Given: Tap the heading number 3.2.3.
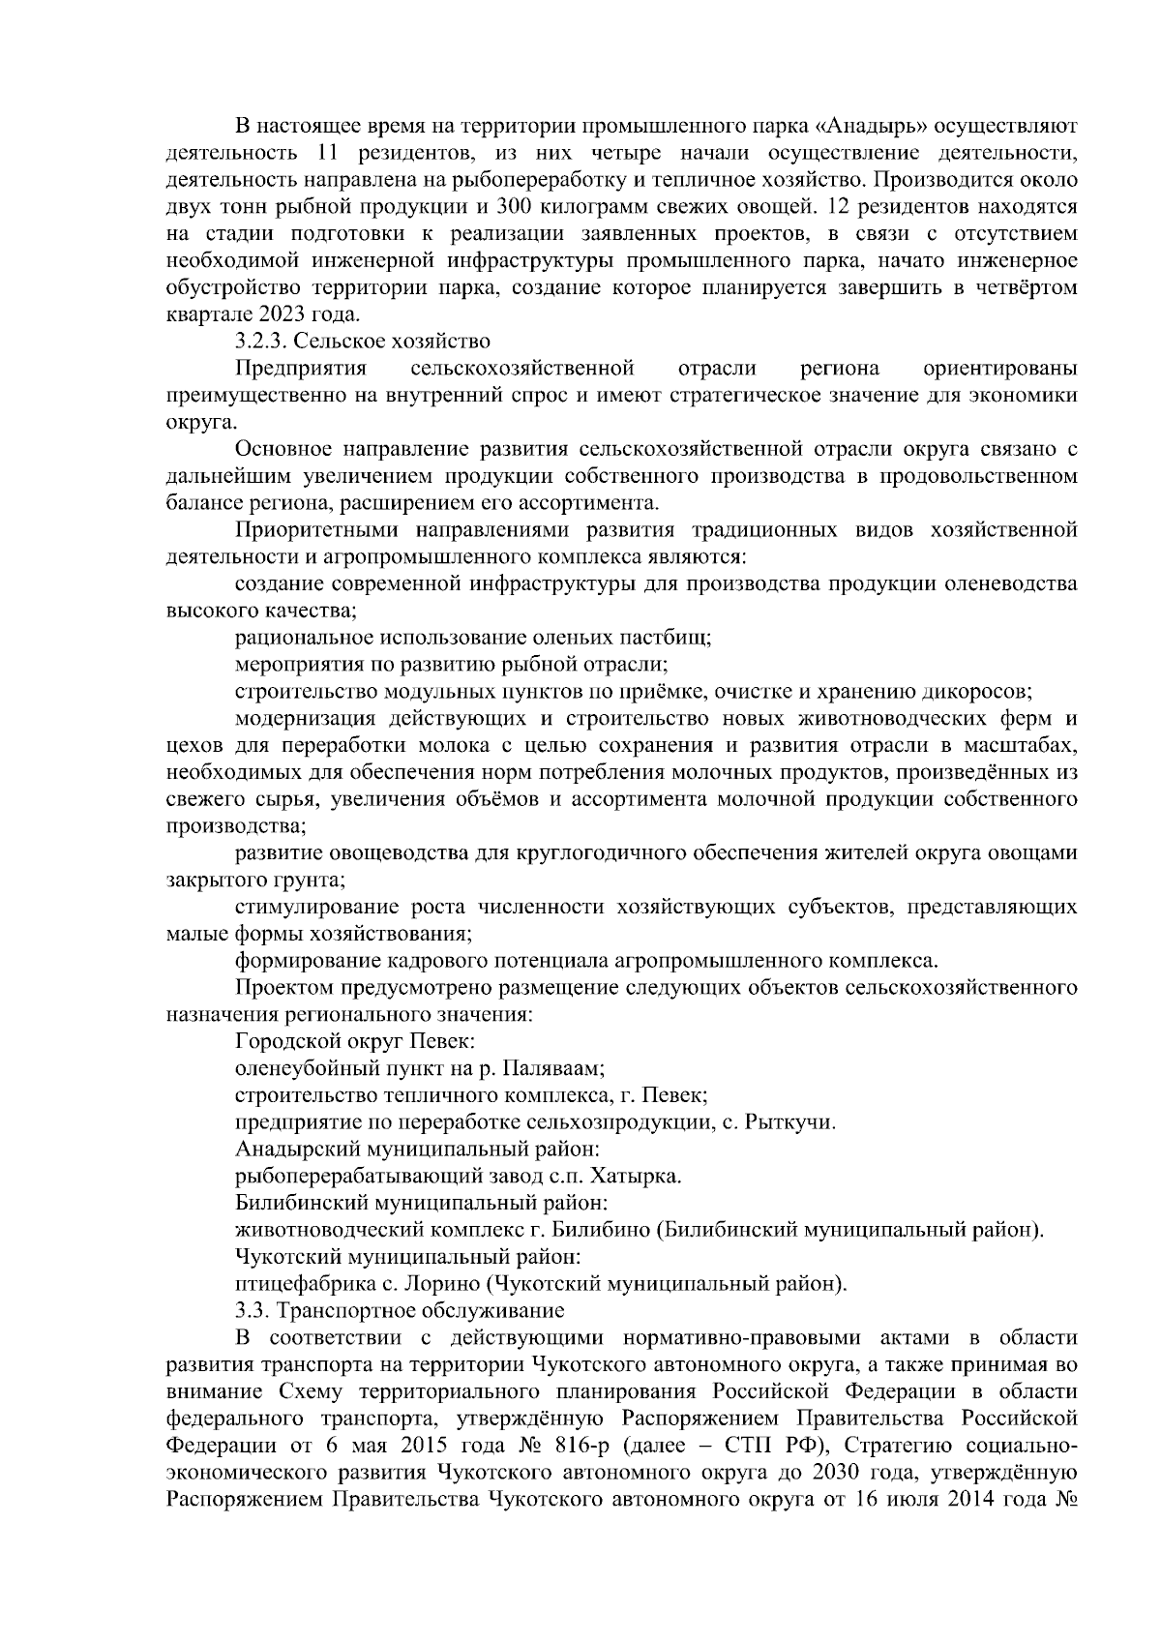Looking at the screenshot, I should (x=261, y=341).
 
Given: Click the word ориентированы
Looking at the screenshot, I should (x=1000, y=369).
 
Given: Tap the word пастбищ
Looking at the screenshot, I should (x=673, y=638).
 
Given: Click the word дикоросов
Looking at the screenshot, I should (x=985, y=692).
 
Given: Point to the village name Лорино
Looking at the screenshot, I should (x=450, y=1284).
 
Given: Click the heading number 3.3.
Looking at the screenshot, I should (x=252, y=1311).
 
